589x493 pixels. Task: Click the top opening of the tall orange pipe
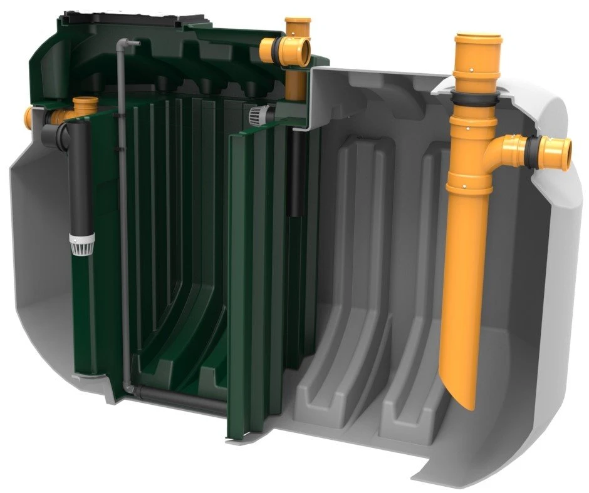click(477, 39)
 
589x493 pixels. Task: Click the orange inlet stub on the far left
click(29, 115)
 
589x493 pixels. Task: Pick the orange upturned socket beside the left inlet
click(85, 105)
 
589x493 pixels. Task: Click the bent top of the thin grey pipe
click(125, 44)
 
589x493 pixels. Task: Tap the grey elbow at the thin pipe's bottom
click(130, 389)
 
